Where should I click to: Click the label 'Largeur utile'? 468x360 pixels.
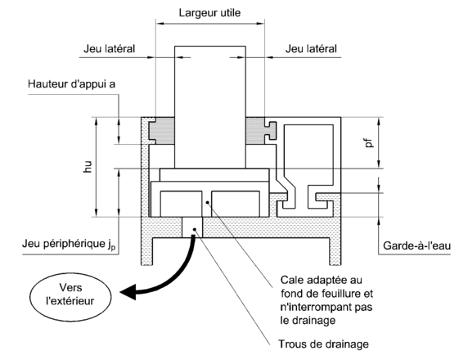tap(209, 13)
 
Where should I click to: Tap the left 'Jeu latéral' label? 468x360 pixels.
tap(110, 48)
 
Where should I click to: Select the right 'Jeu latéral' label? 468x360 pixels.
tap(311, 48)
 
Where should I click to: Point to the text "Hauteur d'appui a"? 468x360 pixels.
tap(72, 84)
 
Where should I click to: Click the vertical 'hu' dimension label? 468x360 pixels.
tap(88, 167)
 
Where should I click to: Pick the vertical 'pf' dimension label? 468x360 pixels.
tap(370, 142)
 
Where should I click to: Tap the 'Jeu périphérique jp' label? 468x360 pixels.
tap(69, 244)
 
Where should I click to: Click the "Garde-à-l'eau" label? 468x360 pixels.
tap(416, 245)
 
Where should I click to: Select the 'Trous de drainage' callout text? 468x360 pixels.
tap(323, 344)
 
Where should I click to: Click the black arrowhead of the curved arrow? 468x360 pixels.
tap(128, 291)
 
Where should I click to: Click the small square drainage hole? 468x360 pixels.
tap(192, 227)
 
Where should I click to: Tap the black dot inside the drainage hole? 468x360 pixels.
tap(195, 229)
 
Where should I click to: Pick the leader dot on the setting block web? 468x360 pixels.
tap(207, 203)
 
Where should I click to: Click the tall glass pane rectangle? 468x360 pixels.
tap(210, 107)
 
